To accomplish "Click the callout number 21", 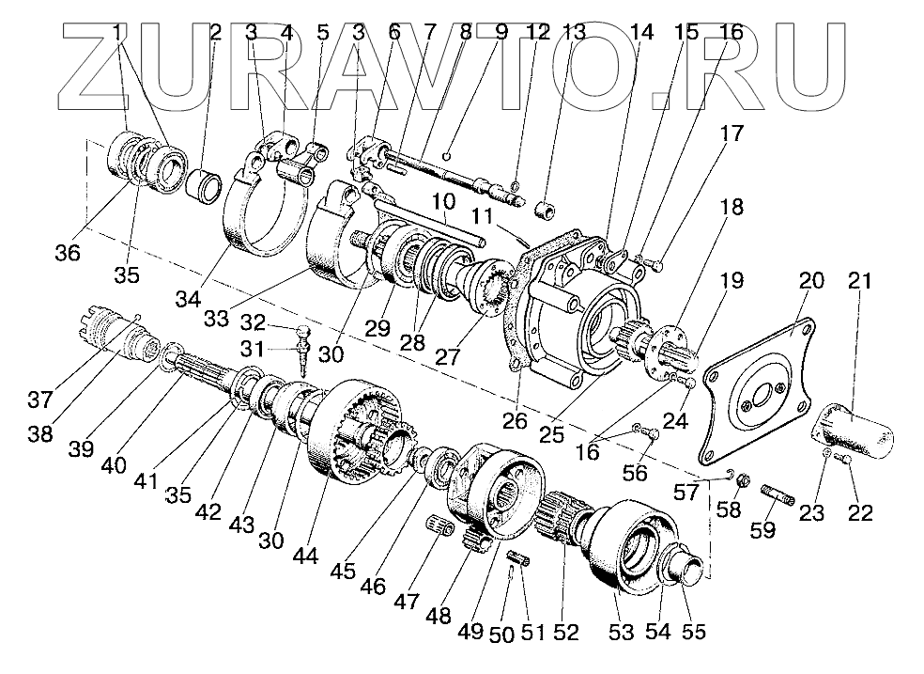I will pos(859,281).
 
